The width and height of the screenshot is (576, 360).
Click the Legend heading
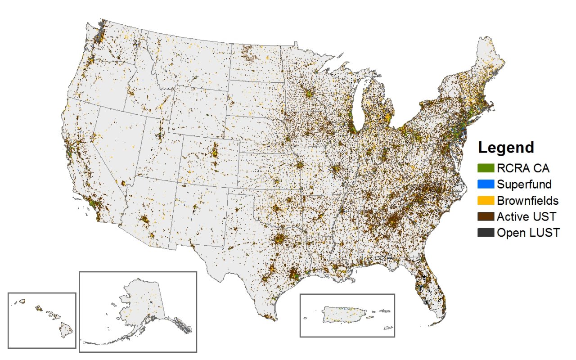click(506, 147)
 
